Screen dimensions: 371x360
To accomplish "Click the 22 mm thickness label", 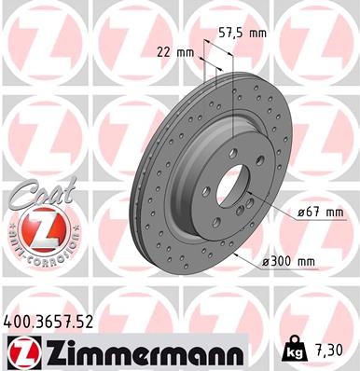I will click(x=175, y=51).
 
